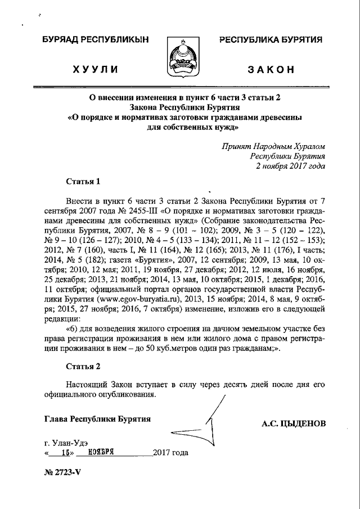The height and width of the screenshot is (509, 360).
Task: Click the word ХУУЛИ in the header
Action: tap(94, 70)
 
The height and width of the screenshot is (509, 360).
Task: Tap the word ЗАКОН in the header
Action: tap(271, 70)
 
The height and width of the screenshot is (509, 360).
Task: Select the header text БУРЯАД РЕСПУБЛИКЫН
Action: tap(93, 40)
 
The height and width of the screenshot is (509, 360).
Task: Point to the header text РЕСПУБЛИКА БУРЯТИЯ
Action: tap(271, 40)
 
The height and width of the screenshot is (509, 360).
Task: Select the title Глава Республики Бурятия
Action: tap(97, 419)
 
